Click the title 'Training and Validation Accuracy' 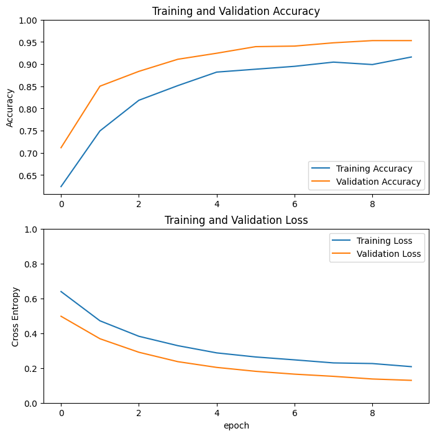[x=236, y=11]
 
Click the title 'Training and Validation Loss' [x=236, y=220]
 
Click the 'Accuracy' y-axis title [x=10, y=107]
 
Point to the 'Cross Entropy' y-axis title [x=16, y=317]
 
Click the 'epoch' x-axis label [x=236, y=425]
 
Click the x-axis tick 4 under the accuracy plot [x=217, y=203]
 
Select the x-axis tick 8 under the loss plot [x=372, y=412]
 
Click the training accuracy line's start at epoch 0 [x=61, y=187]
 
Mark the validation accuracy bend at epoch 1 [x=100, y=86]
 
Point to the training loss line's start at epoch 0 [x=61, y=291]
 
